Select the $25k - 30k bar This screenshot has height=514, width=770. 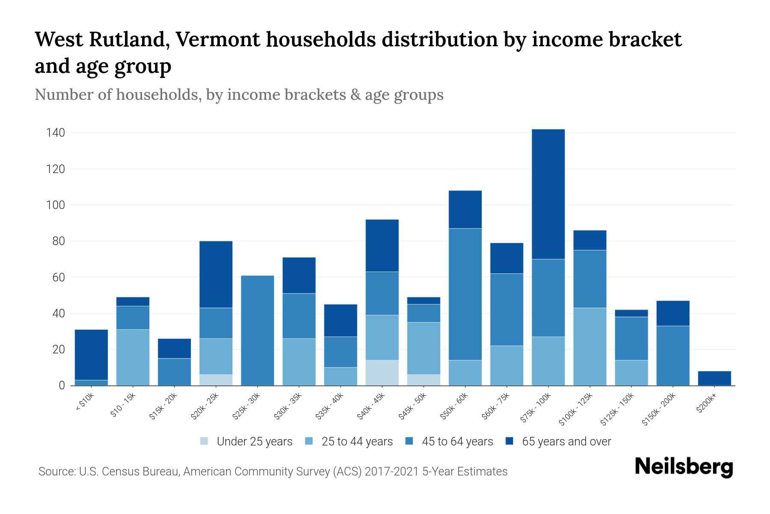[258, 330]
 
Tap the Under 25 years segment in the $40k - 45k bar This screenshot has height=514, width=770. [382, 373]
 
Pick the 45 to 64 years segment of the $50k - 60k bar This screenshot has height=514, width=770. [465, 294]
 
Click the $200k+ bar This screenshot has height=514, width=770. [714, 378]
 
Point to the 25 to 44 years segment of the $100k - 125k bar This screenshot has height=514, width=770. [589, 347]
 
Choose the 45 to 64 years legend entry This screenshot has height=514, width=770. [449, 442]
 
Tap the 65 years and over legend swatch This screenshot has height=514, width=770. [509, 441]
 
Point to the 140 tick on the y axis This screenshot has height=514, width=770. [56, 133]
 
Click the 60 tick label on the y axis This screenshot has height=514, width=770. [58, 278]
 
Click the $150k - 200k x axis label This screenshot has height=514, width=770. [658, 409]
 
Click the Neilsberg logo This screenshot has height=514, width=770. [684, 467]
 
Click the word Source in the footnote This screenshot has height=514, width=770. [56, 472]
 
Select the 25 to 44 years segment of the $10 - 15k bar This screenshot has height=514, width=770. [133, 357]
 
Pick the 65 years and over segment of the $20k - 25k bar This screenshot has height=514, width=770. [216, 275]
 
